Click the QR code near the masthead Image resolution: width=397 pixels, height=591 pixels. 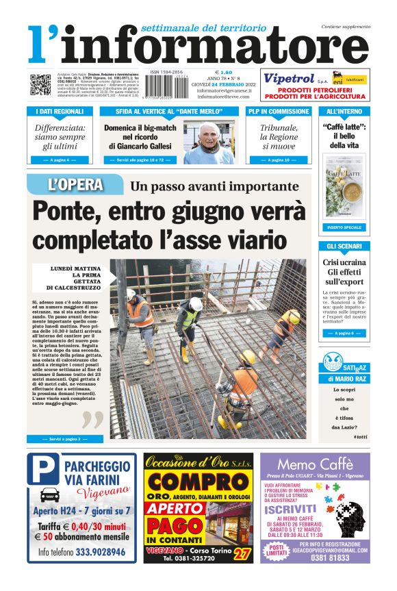click(40, 84)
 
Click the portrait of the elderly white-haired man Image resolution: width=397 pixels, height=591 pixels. click(218, 142)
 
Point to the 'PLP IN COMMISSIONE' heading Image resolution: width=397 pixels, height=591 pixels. click(279, 111)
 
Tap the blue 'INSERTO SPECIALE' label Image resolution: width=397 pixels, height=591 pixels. click(344, 227)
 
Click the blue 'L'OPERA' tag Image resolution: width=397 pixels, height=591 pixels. click(76, 184)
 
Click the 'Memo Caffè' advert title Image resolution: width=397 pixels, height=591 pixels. click(315, 466)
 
